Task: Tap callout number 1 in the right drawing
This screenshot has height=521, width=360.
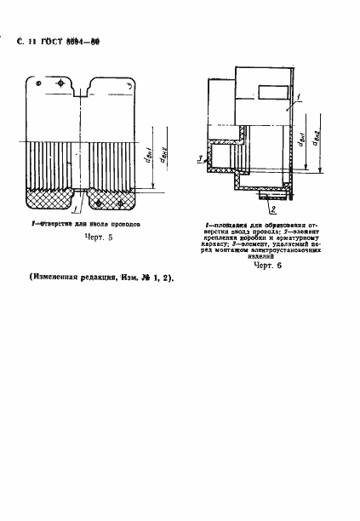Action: [x=289, y=100]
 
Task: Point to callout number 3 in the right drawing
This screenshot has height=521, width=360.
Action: [x=198, y=159]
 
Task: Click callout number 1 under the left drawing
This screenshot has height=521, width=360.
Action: [x=77, y=209]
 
